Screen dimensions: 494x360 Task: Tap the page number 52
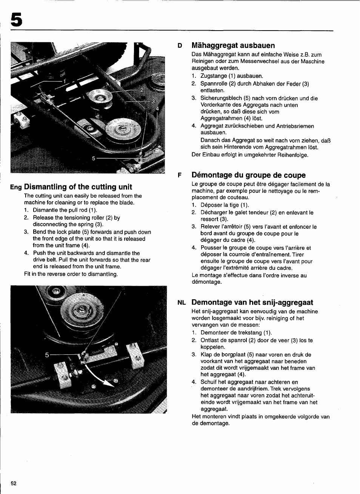(x=14, y=484)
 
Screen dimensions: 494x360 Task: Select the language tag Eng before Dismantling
(x=16, y=187)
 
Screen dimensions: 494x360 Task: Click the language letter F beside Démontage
(x=180, y=175)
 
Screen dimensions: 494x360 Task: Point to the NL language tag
(x=182, y=303)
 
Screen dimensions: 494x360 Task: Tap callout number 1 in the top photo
(x=64, y=81)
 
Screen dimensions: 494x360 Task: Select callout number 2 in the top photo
(x=142, y=90)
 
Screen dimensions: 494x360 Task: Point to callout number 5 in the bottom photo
(x=47, y=355)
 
